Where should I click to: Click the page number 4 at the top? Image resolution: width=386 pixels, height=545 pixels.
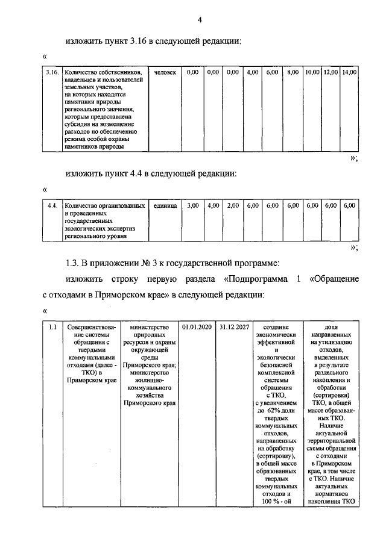coord(199,20)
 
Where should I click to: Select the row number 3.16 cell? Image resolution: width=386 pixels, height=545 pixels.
coord(52,72)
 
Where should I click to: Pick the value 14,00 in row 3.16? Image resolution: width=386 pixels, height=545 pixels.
coord(349,72)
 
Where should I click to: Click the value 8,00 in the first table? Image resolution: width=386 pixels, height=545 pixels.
coord(293,72)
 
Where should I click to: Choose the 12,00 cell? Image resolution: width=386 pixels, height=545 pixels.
coord(330,72)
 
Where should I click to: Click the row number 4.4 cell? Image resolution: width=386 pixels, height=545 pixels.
coord(52,206)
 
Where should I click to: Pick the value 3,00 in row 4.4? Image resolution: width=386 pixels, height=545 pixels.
coord(193,206)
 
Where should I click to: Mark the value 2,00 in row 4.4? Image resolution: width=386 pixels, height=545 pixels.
coord(233,206)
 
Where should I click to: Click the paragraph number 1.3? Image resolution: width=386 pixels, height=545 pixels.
coord(73,263)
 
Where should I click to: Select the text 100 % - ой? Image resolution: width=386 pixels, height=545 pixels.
coord(276,502)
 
